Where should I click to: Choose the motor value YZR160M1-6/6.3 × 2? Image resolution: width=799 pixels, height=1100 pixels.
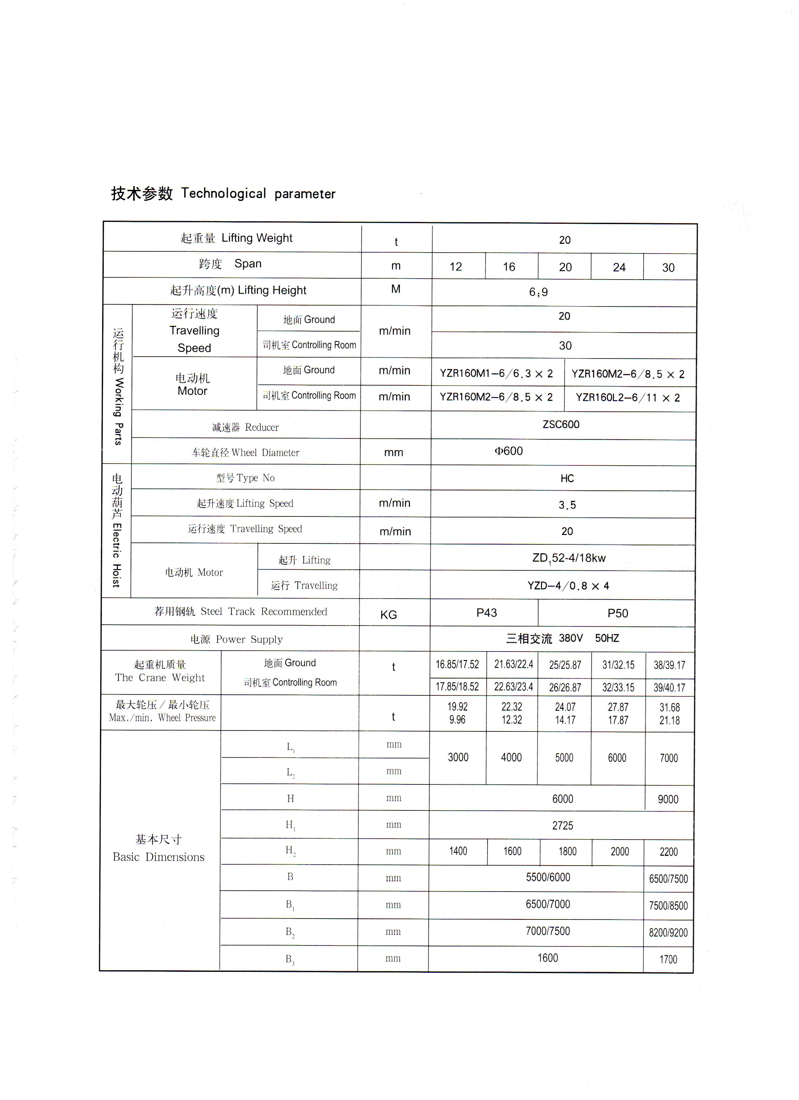pyautogui.click(x=496, y=374)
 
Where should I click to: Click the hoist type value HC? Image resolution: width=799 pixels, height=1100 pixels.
pyautogui.click(x=567, y=479)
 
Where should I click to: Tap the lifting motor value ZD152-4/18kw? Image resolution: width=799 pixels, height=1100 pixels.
pyautogui.click(x=569, y=558)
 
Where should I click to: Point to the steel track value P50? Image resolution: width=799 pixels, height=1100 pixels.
pyautogui.click(x=618, y=614)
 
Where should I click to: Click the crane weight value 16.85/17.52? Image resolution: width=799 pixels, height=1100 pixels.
pyautogui.click(x=457, y=664)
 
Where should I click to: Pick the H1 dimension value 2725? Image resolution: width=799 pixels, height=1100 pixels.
pyautogui.click(x=562, y=825)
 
